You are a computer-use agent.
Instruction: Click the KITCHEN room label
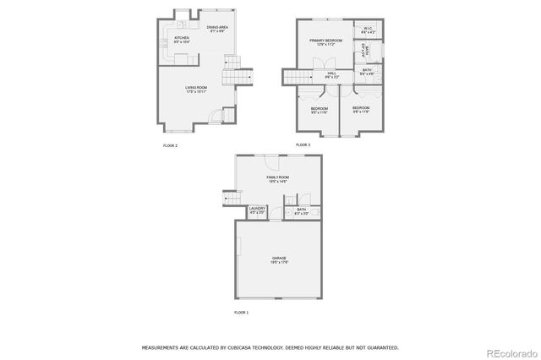coord(182,38)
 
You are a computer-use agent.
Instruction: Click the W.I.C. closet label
coord(369,29)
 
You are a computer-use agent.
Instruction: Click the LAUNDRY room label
coord(257,209)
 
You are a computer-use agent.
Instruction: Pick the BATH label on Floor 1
coord(302,209)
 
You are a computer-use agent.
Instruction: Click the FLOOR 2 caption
coord(170,145)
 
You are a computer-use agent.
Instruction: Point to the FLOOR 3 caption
coord(303,145)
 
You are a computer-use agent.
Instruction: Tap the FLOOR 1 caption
coord(242,313)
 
